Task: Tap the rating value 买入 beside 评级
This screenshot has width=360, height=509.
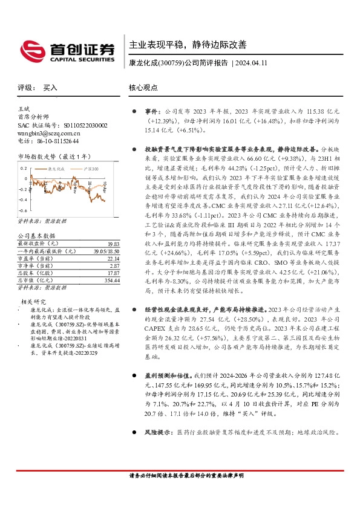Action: click(x=50, y=88)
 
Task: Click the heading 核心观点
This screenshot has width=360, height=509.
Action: click(x=143, y=88)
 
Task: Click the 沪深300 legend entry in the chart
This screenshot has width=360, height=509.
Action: click(x=91, y=165)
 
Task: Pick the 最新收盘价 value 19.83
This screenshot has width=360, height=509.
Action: click(x=114, y=225)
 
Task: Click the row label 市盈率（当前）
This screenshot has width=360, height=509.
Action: click(x=37, y=241)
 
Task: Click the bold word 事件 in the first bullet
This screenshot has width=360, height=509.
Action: click(x=151, y=112)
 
